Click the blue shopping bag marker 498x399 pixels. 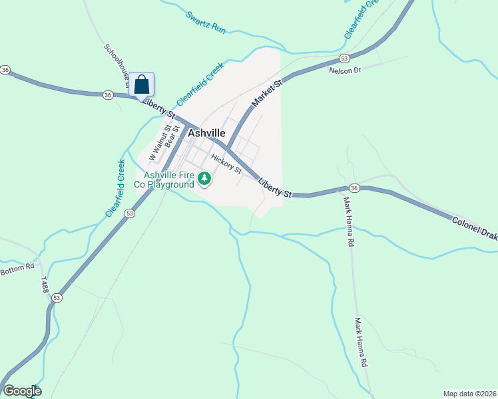[x=141, y=84]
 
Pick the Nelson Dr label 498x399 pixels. [x=345, y=70]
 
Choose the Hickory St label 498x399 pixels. [x=226, y=163]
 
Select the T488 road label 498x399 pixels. [x=44, y=284]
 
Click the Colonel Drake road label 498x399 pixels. [x=475, y=226]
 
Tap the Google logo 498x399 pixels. [x=22, y=391]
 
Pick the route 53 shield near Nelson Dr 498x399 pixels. [x=344, y=59]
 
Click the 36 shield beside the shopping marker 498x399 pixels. [x=108, y=95]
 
